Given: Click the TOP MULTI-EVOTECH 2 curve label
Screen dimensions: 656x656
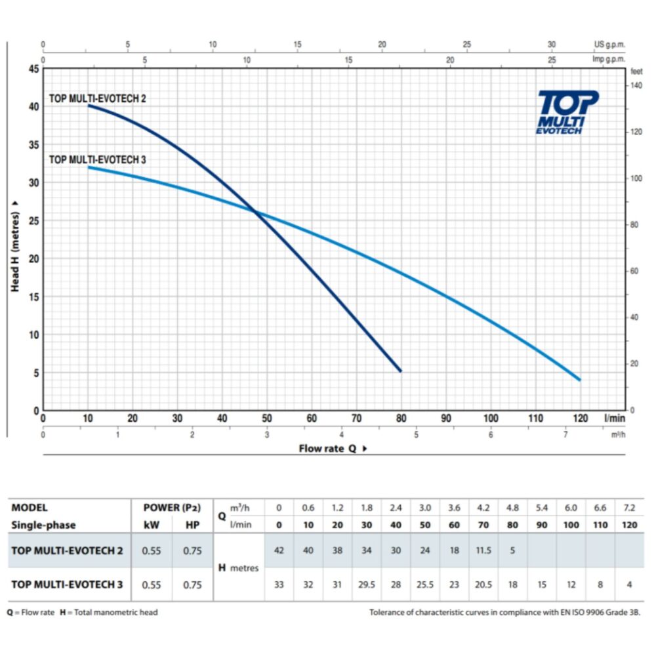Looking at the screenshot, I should [x=98, y=98].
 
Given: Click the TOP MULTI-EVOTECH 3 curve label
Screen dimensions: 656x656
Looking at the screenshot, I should [x=98, y=159].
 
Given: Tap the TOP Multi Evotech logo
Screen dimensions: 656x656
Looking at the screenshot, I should [x=567, y=112].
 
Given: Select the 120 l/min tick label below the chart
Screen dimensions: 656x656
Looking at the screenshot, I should [x=579, y=419].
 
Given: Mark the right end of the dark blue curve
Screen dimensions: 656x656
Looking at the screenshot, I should [x=400, y=371].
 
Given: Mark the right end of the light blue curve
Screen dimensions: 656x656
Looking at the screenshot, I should [x=579, y=380].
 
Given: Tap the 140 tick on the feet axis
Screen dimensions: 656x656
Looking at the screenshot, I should [x=635, y=86].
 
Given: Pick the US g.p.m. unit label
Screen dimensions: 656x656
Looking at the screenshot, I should [x=609, y=45].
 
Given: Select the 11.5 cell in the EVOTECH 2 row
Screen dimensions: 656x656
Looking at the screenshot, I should [x=483, y=550].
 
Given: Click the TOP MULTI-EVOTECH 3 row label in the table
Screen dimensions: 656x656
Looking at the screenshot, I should [x=67, y=583].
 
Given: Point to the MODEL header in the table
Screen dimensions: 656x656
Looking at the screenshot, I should [x=30, y=507].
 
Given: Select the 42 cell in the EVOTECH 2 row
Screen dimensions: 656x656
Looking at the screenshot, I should [x=279, y=550].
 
